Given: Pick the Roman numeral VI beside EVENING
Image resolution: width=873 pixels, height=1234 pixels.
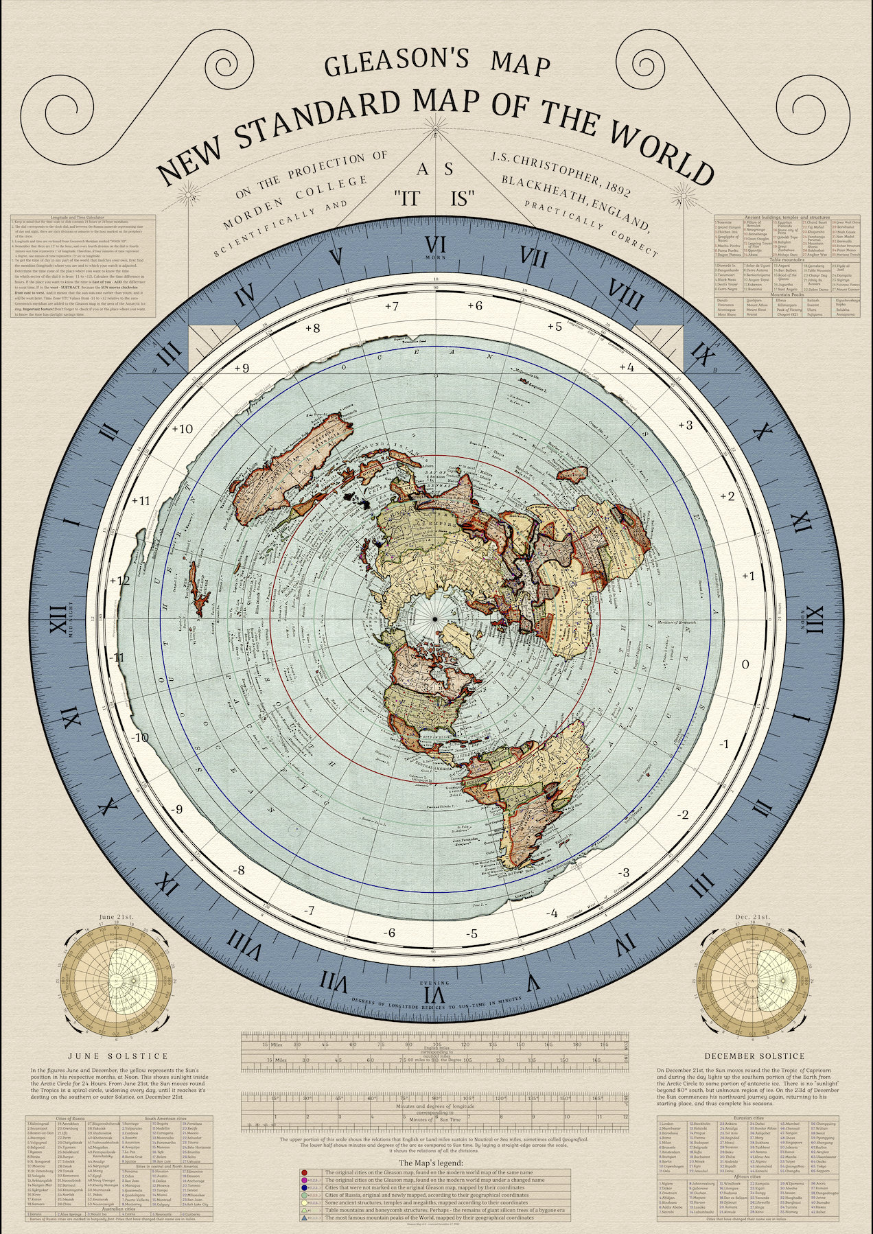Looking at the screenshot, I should pyautogui.click(x=436, y=994).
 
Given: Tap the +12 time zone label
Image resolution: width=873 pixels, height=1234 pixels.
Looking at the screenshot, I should pyautogui.click(x=119, y=580).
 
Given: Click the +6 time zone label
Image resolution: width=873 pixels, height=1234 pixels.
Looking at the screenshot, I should pyautogui.click(x=474, y=305).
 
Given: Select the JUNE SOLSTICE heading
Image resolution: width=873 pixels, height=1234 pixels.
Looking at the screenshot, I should pyautogui.click(x=119, y=1056).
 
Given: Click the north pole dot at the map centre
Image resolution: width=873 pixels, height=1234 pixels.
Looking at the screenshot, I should pyautogui.click(x=434, y=620).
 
